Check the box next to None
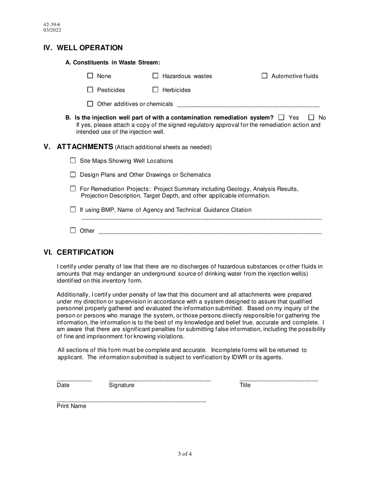90,76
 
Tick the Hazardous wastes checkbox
155,76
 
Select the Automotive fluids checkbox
264,76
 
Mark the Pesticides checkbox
90,90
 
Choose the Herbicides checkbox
155,90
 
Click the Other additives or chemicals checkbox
90,104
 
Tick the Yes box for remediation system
282,117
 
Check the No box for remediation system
311,117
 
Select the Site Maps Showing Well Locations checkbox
73,160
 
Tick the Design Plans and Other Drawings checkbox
73,174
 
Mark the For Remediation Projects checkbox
73,188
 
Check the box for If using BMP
73,210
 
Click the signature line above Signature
160,379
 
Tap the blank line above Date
74,379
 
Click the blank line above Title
278,379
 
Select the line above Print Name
131,400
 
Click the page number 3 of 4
185,454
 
